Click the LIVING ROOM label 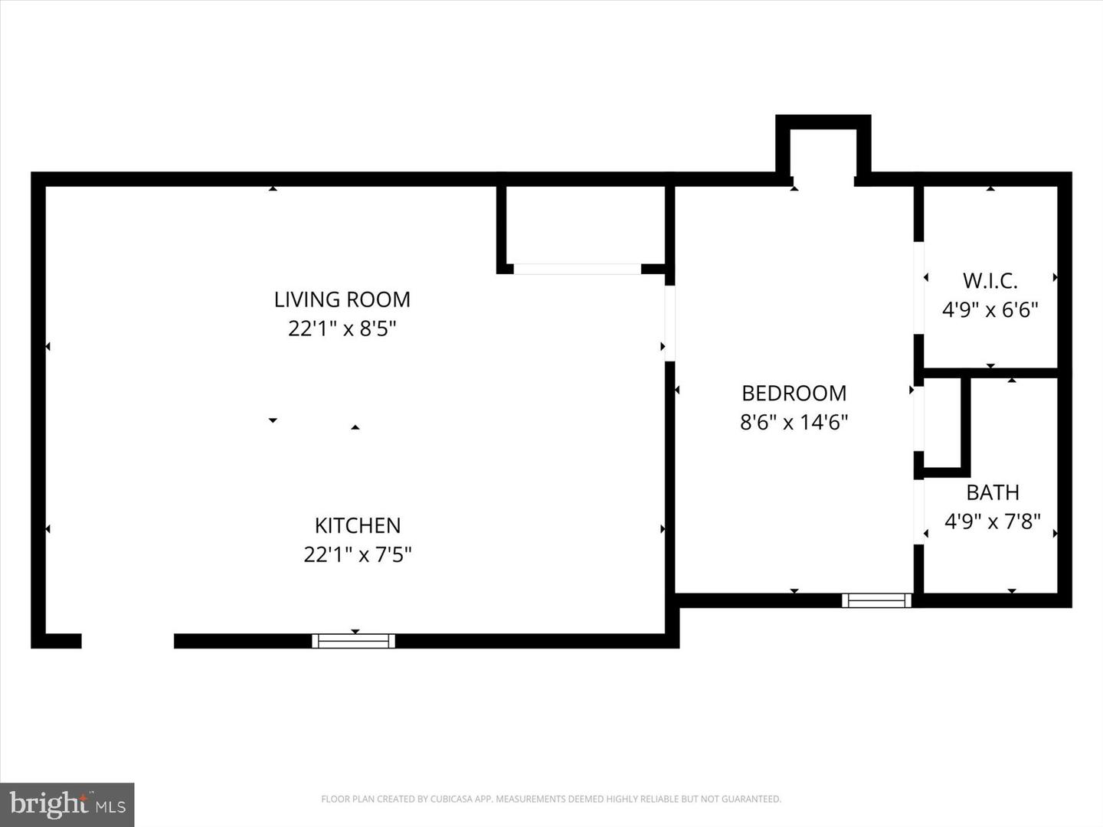[342, 299]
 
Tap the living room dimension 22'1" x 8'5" [342, 329]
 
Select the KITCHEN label [358, 525]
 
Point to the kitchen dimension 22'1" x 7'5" [358, 554]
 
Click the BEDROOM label [794, 393]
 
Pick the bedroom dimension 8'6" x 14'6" [794, 422]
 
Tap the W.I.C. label [990, 280]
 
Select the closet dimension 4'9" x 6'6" [990, 310]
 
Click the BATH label [993, 492]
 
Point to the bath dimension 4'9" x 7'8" [993, 521]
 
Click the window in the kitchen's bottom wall [354, 641]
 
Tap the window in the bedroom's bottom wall [877, 600]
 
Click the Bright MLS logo [67, 804]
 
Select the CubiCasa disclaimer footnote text [551, 799]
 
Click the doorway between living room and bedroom [669, 323]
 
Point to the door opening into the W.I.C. [918, 287]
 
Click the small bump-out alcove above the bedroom [823, 153]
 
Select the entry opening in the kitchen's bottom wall [128, 641]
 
